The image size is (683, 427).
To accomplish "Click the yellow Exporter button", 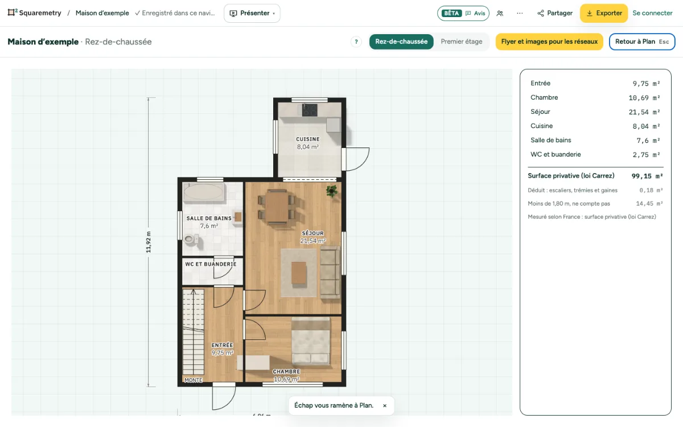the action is [x=604, y=13].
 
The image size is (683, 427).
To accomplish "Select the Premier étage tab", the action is [x=462, y=42].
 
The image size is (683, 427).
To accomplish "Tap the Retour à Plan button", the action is [x=642, y=42].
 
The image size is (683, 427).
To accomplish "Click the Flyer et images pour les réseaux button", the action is [x=549, y=42].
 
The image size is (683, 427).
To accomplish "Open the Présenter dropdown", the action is [x=252, y=13].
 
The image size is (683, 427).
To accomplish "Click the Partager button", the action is [x=555, y=13].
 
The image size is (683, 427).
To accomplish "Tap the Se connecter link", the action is [x=652, y=13].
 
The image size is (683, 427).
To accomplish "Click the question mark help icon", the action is [x=356, y=42].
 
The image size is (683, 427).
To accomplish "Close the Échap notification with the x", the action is [x=385, y=405].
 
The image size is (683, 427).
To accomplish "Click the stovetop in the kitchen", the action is [x=310, y=110].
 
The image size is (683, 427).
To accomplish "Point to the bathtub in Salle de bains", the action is [x=203, y=192].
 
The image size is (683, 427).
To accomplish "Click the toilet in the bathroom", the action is [x=191, y=239].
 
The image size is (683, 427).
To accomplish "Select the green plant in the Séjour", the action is [x=331, y=191].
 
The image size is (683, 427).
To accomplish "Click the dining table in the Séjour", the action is [x=276, y=207].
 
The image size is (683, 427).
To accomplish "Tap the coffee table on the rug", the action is [x=299, y=273].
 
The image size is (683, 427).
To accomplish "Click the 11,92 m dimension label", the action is [x=149, y=242].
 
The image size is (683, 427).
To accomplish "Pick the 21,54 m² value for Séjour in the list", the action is [x=644, y=112].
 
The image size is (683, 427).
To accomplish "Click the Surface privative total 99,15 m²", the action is [x=647, y=176].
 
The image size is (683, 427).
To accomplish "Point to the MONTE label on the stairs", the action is [x=194, y=380].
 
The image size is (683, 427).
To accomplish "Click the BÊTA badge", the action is [x=451, y=13].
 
